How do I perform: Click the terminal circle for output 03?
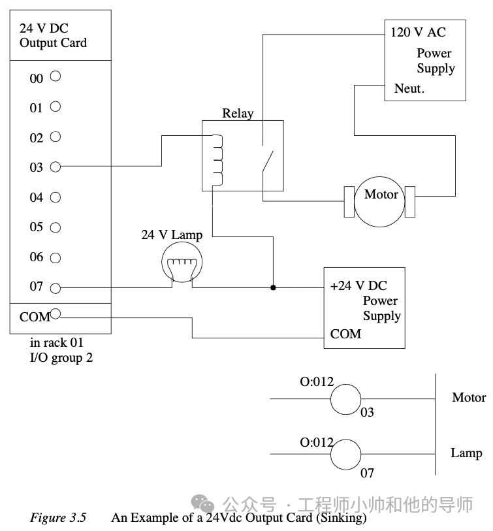click(x=55, y=167)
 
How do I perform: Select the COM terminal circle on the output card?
click(x=55, y=314)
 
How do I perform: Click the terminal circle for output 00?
click(x=55, y=76)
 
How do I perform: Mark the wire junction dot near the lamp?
click(x=273, y=287)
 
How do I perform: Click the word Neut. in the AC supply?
click(x=409, y=88)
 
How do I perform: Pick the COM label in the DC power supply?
click(x=345, y=334)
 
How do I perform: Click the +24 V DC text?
click(x=358, y=285)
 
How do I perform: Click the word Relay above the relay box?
click(x=238, y=113)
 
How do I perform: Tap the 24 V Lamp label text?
click(x=172, y=234)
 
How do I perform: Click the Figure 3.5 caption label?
click(x=58, y=518)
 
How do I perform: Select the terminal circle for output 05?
click(x=55, y=227)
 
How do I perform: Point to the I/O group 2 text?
click(x=61, y=358)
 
